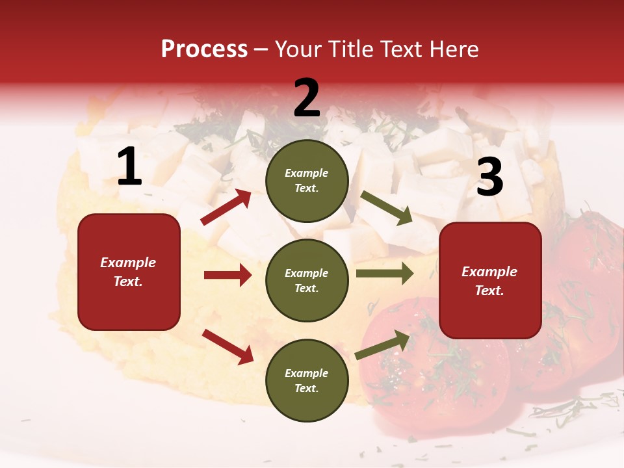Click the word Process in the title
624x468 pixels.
point(204,49)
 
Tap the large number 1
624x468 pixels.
point(129,167)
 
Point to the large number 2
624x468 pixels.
point(307,98)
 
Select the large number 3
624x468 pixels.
point(489,177)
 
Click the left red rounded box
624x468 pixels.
point(129,272)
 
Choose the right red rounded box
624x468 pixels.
point(490,281)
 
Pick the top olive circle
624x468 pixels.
point(307,181)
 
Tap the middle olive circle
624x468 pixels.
point(307,281)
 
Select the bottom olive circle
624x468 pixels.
point(307,380)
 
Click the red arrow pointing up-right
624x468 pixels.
point(226,207)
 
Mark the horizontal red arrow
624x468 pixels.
point(227,275)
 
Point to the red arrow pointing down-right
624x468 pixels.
point(227,346)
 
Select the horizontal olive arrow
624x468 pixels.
point(385,274)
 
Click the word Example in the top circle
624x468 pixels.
point(307,174)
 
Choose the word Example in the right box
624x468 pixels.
point(489,272)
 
